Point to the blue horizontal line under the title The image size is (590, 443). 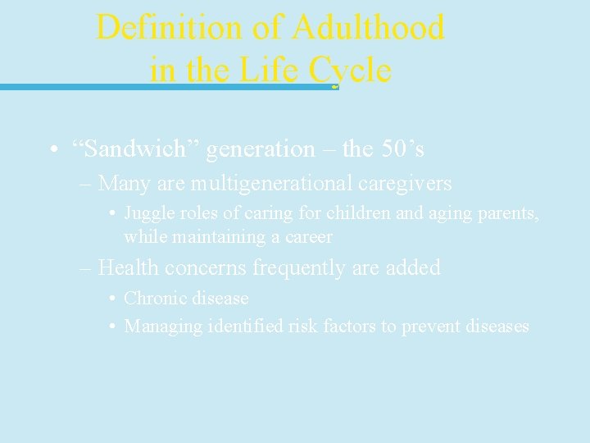(164, 86)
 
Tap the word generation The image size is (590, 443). (261, 149)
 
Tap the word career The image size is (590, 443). (307, 237)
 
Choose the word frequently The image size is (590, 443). (302, 267)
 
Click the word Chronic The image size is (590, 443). (152, 299)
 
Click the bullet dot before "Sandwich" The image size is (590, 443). (52, 150)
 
